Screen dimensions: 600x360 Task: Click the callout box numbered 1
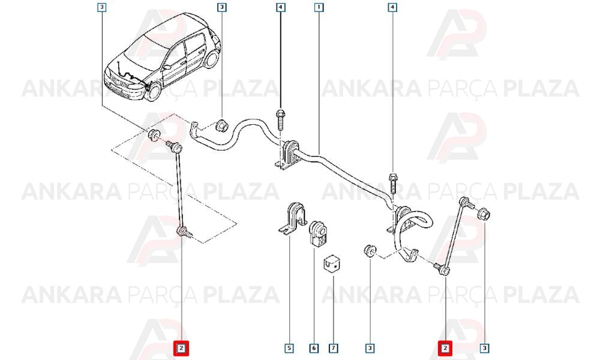[x=319, y=7]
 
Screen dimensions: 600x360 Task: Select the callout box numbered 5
[x=289, y=348]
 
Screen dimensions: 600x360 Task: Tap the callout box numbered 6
[x=313, y=348]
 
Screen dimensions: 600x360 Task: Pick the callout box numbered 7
[x=333, y=348]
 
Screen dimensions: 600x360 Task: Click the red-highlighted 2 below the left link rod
[x=181, y=348]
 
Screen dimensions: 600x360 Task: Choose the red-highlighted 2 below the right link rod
[x=445, y=348]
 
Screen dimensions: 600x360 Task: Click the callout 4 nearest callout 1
[x=280, y=7]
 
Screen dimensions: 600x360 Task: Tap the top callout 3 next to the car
[x=222, y=7]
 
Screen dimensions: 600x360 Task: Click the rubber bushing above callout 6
[x=318, y=233]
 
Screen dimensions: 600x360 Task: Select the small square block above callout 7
[x=332, y=265]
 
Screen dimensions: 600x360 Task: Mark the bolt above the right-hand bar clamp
[x=392, y=184]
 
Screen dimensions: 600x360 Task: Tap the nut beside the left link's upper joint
[x=154, y=135]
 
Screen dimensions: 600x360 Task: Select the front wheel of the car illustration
[x=153, y=92]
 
